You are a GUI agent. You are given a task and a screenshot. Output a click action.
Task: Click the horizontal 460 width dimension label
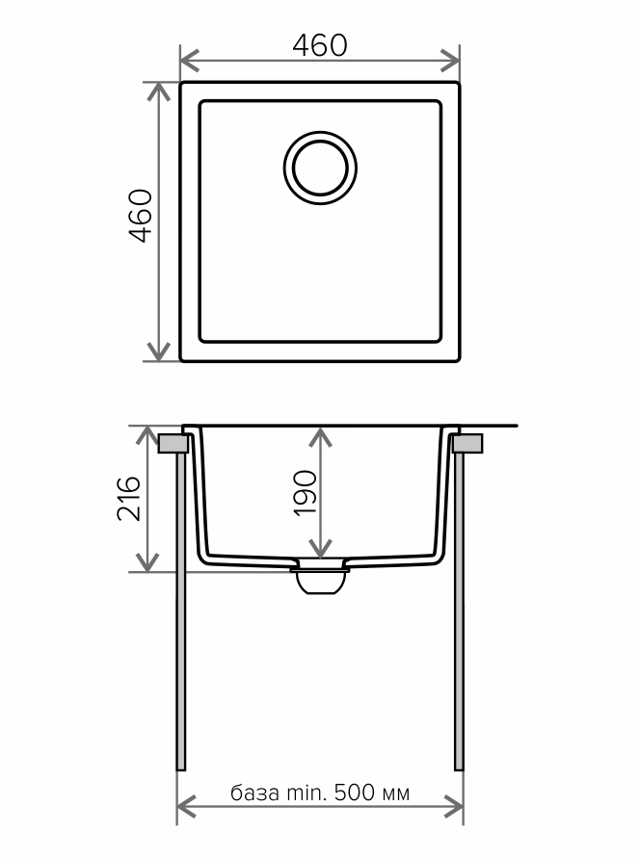tap(320, 45)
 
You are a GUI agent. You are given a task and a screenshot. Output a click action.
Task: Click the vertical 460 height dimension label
tap(141, 216)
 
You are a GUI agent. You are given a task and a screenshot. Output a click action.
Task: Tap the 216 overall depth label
tap(129, 499)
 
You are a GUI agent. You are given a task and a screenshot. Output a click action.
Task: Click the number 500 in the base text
tap(355, 793)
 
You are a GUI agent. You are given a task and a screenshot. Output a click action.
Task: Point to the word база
tap(254, 793)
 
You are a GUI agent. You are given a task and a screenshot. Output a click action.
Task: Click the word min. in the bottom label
tap(307, 793)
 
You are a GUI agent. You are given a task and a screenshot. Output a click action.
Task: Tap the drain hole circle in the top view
tap(320, 168)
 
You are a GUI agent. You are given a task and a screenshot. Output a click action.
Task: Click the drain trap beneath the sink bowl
tap(321, 579)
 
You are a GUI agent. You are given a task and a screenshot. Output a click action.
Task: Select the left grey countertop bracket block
tap(173, 443)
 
